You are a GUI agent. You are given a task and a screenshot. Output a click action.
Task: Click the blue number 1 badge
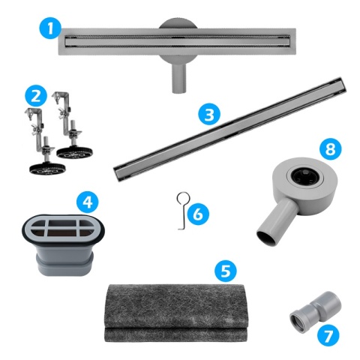[x=49, y=29]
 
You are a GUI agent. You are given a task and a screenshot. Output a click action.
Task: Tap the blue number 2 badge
[x=34, y=97]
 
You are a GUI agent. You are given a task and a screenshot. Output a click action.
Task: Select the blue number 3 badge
[x=209, y=114]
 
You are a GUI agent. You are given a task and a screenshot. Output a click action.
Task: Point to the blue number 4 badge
[x=88, y=201]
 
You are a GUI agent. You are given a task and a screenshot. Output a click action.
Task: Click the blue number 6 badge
[x=196, y=214]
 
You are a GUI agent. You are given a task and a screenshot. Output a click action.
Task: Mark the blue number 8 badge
[x=328, y=148]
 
